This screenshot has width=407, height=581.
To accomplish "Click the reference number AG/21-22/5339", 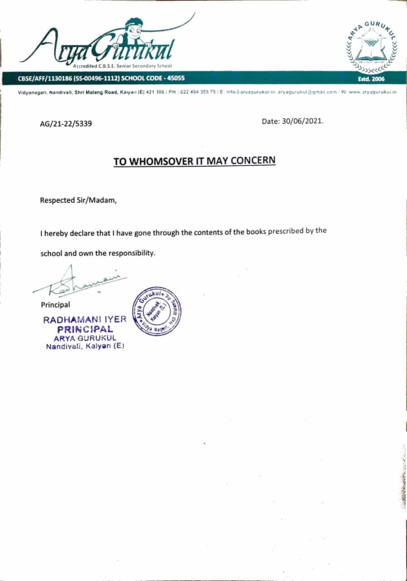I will point(66,123).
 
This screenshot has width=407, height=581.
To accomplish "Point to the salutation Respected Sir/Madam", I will point(78,200).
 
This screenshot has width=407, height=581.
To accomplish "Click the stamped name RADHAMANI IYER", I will point(85,320).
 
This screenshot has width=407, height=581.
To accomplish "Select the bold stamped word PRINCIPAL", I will point(85,329).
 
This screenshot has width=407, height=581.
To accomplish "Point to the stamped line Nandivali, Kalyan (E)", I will point(85,347).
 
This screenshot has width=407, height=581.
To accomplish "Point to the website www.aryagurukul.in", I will point(372,92).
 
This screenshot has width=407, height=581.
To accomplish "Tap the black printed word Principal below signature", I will point(55,305).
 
